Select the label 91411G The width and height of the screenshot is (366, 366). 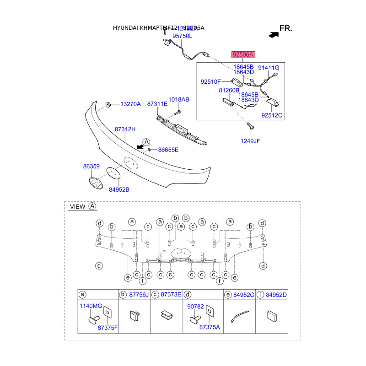(269, 68)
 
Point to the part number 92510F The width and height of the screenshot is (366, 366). (211, 82)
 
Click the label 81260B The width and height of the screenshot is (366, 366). (229, 90)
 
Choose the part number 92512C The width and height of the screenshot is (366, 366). (272, 115)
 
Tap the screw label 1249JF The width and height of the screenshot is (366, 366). (250, 141)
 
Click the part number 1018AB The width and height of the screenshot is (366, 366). (178, 99)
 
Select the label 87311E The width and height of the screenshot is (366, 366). (157, 104)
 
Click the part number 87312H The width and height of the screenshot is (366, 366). (125, 129)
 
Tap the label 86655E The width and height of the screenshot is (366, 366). (168, 150)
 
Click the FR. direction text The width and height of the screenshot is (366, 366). (285, 28)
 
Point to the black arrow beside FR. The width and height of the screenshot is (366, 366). (273, 34)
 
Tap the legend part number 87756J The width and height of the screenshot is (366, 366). (139, 295)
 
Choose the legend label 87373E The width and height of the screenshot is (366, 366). (171, 295)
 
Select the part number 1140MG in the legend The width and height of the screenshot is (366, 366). (91, 306)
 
